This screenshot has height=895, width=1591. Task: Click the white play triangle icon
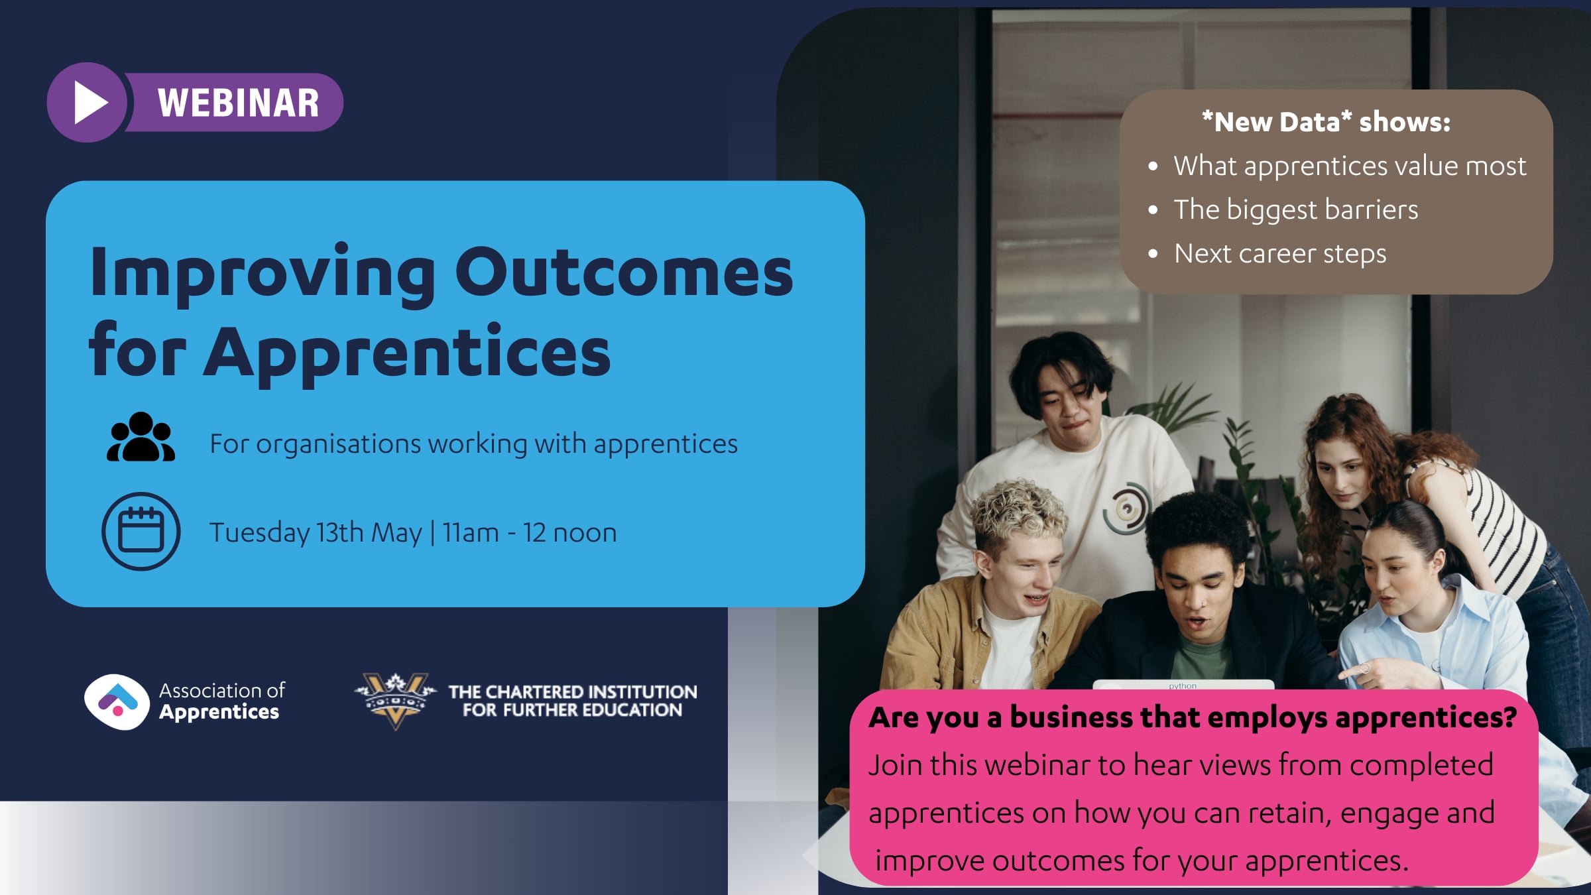click(x=89, y=103)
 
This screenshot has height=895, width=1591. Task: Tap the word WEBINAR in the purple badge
click(x=239, y=103)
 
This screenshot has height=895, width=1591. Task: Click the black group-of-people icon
click(x=141, y=438)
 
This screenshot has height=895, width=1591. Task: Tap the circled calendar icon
click(x=141, y=531)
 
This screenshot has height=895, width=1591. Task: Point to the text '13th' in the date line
click(x=339, y=532)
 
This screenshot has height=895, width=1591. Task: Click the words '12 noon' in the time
click(x=570, y=533)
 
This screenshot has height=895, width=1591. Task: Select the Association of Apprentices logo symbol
click(x=117, y=701)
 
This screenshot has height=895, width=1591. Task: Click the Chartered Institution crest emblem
click(x=395, y=700)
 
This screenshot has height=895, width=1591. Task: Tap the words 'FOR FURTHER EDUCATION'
click(x=572, y=710)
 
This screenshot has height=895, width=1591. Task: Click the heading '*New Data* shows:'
click(x=1326, y=122)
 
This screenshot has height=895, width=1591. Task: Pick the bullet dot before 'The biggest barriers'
click(x=1153, y=210)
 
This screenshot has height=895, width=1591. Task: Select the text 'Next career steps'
click(x=1280, y=254)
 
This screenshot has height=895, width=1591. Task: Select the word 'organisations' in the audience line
click(x=338, y=444)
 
